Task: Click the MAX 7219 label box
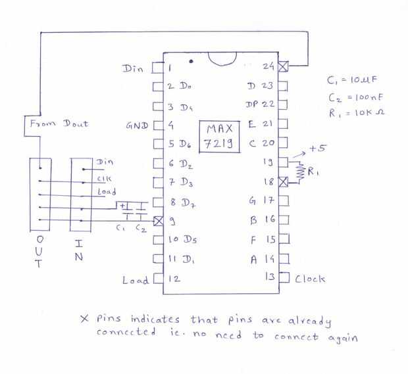click(219, 137)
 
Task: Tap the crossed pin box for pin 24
click(284, 66)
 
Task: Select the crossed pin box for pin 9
click(158, 221)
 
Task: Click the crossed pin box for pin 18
click(284, 182)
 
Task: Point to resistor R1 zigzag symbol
click(301, 172)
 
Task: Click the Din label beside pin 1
click(133, 68)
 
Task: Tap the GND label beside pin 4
click(137, 126)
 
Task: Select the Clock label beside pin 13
click(310, 279)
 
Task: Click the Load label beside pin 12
click(136, 280)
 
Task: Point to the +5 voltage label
click(317, 149)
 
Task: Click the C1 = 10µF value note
click(352, 80)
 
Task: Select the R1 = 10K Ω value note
click(357, 113)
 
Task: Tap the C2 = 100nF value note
click(355, 97)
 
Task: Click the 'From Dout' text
click(59, 124)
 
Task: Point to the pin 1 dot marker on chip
click(191, 61)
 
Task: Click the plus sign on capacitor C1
click(123, 206)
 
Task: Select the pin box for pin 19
click(284, 163)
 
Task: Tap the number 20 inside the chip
click(268, 143)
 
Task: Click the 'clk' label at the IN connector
click(104, 179)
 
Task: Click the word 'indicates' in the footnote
click(155, 319)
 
